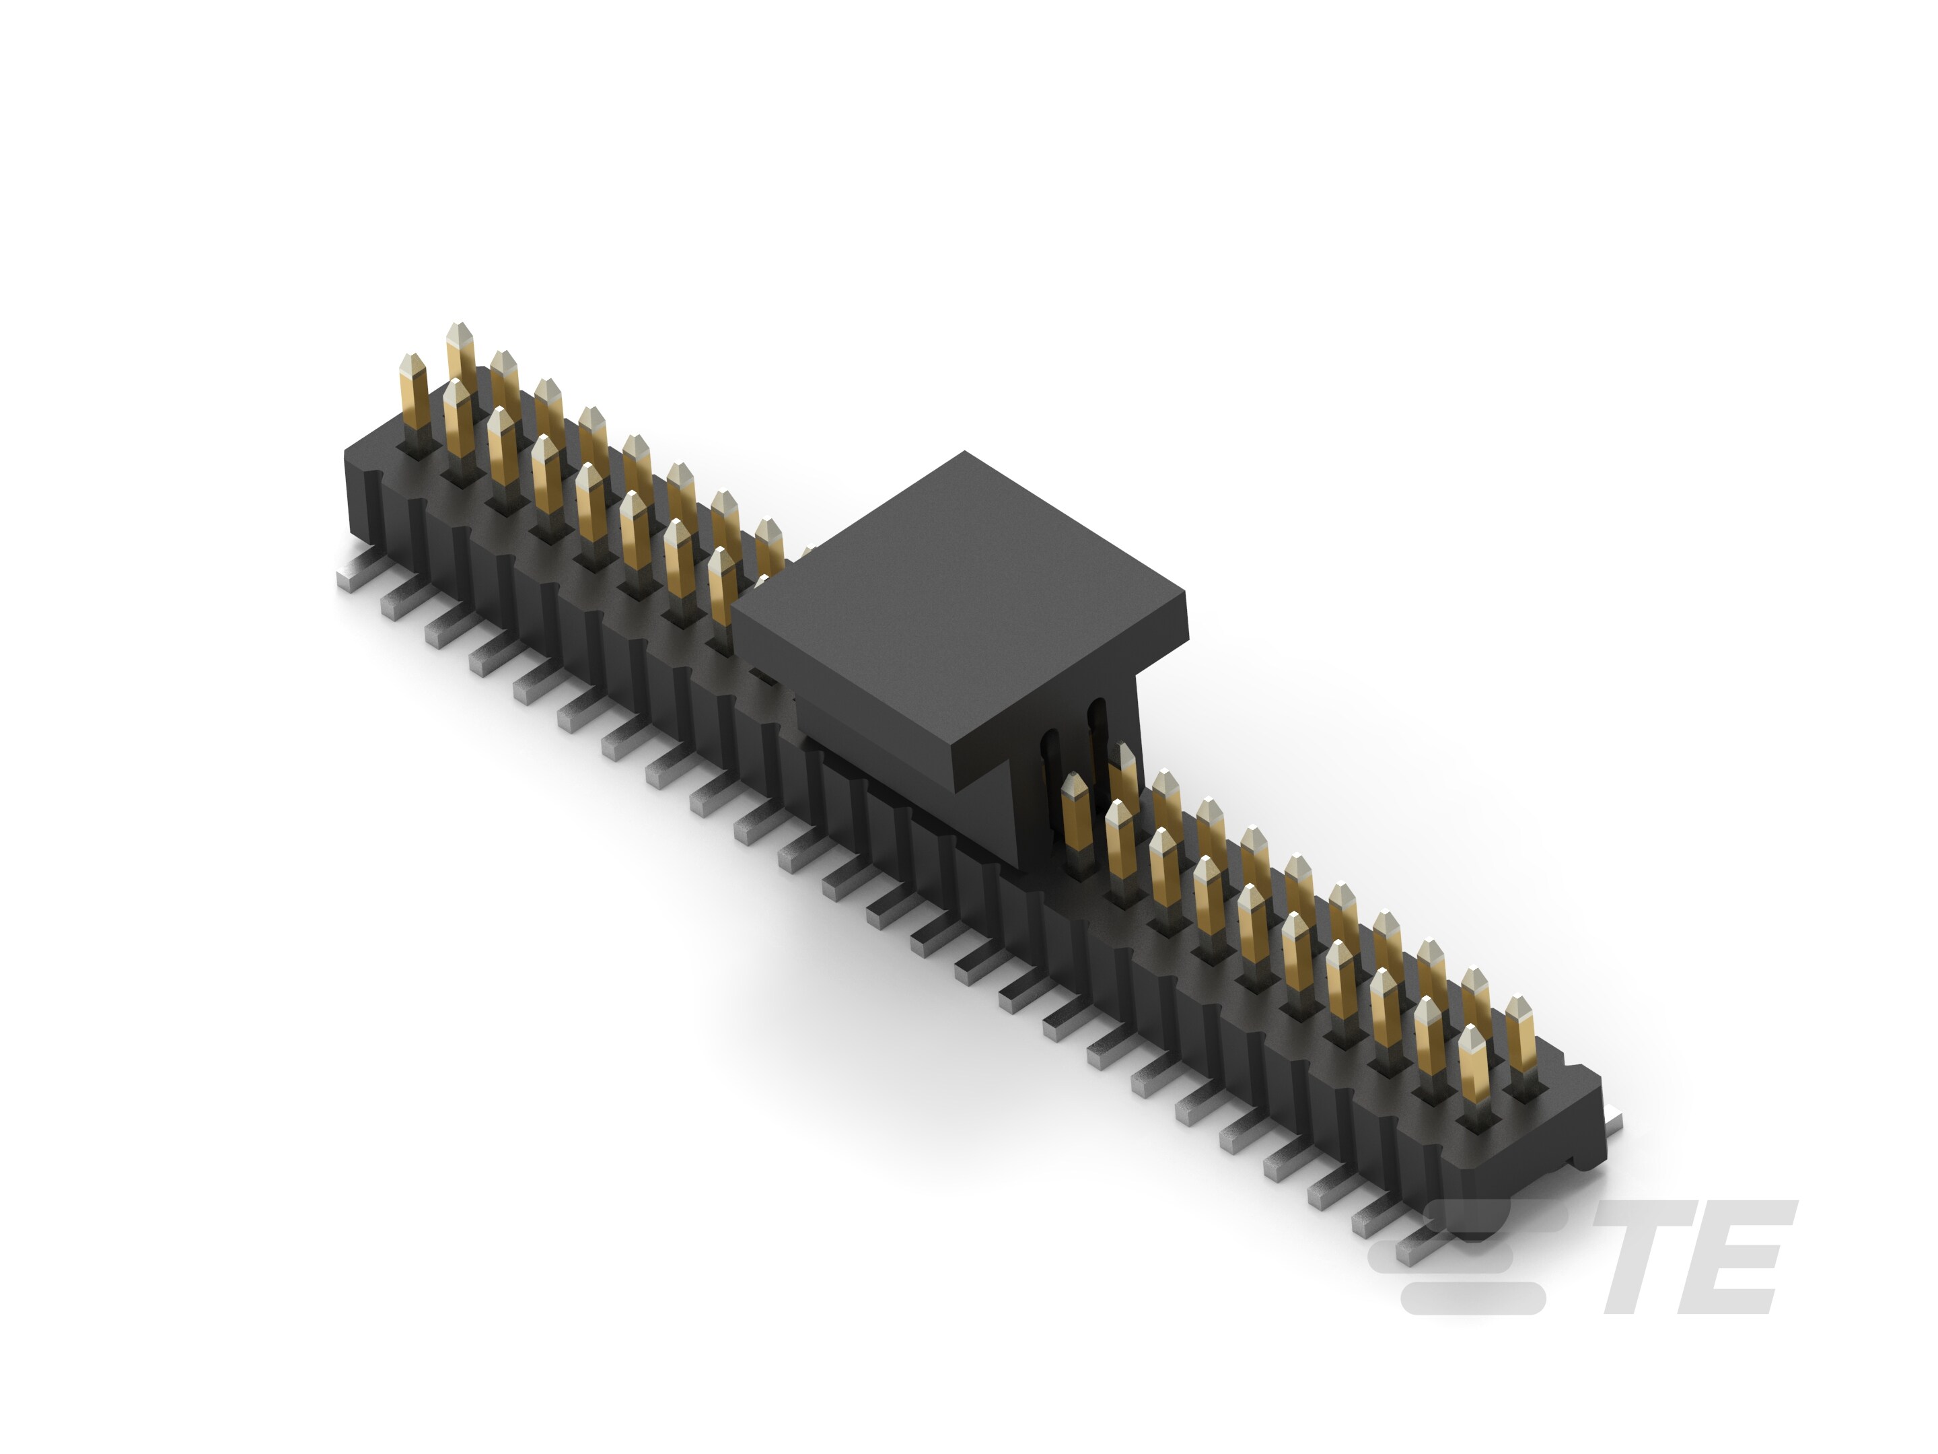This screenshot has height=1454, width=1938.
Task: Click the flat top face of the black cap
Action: (x=960, y=596)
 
